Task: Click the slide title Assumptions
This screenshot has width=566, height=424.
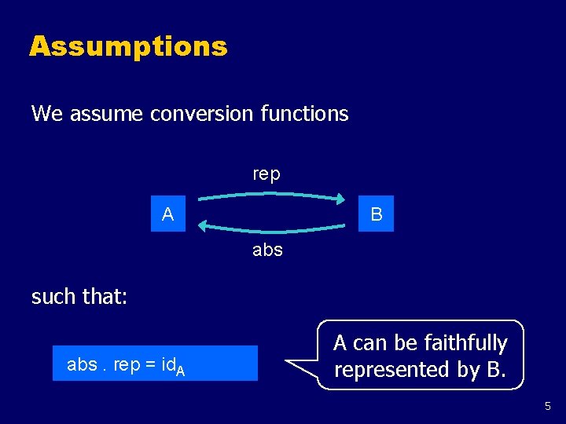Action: (x=128, y=46)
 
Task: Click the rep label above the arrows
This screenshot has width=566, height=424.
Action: (x=266, y=174)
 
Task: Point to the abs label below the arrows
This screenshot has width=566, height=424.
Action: (x=267, y=250)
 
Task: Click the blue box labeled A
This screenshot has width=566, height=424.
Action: (x=168, y=214)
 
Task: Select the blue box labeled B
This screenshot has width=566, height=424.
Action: (x=377, y=214)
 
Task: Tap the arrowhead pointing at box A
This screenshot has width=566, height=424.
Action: (x=204, y=226)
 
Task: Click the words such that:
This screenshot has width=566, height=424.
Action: (x=79, y=297)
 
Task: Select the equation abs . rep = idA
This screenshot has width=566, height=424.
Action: (x=127, y=365)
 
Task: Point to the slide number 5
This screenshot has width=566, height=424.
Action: (x=549, y=406)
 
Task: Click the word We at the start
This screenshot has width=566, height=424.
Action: (x=47, y=114)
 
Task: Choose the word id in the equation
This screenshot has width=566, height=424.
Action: (x=165, y=365)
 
